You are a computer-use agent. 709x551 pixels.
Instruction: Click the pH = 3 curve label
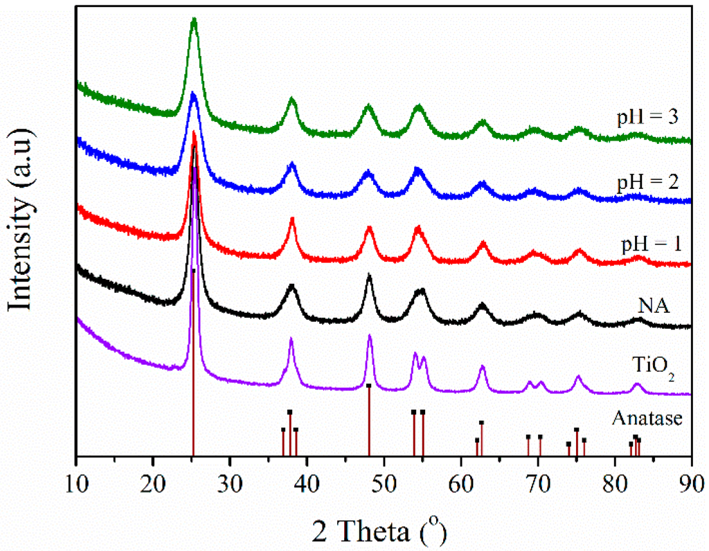pos(647,117)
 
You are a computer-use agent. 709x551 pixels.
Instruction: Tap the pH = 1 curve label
pos(647,245)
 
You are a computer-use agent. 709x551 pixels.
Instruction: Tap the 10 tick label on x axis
pos(77,480)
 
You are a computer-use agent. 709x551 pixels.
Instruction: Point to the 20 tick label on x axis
pos(154,480)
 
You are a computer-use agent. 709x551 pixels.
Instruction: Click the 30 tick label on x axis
pos(231,480)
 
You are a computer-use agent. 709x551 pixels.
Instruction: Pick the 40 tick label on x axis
pos(307,480)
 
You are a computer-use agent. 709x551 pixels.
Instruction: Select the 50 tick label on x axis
pos(384,480)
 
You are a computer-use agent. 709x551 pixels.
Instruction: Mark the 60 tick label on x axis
pos(461,480)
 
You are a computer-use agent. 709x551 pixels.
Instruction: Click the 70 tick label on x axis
pos(538,480)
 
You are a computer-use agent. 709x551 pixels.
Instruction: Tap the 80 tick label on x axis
pos(615,480)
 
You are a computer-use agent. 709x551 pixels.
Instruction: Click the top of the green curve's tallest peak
pos(194,21)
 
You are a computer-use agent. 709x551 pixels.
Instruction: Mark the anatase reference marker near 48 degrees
pos(369,386)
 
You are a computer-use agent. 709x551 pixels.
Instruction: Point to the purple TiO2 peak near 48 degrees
pos(370,336)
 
